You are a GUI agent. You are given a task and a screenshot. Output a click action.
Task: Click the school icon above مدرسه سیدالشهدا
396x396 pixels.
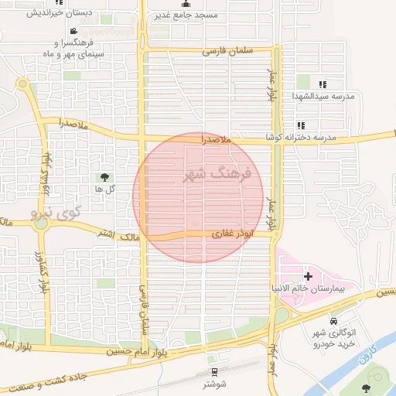[x=323, y=84]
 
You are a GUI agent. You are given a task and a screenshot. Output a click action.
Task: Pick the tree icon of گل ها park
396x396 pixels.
[x=104, y=177]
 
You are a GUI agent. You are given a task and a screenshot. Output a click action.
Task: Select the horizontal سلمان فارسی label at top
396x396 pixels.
[x=228, y=51]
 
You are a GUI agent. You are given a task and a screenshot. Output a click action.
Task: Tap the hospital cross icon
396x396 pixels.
[x=308, y=276]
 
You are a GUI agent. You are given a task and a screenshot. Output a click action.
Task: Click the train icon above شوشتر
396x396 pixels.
[x=214, y=370]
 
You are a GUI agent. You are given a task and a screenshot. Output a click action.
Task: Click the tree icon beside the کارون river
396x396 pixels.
[x=365, y=388]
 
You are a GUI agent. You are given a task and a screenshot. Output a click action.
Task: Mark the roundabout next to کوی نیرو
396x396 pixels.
[x=41, y=224]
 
